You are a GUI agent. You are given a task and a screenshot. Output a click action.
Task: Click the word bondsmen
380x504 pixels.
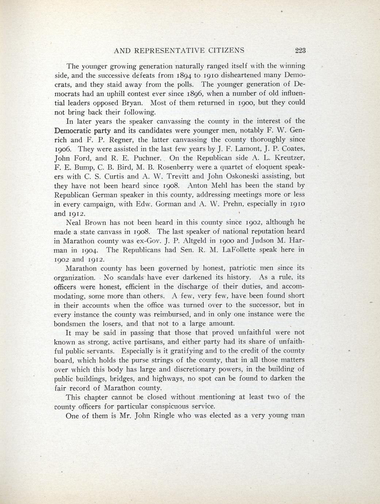70,324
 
